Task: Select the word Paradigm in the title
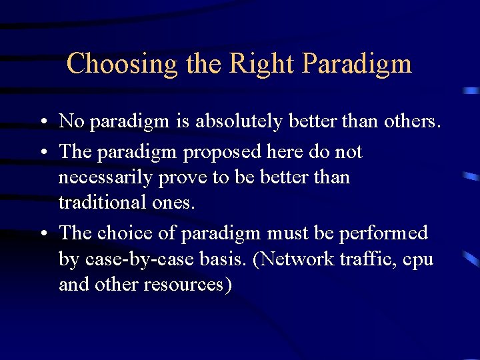coord(357,65)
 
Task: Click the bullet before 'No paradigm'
coord(42,123)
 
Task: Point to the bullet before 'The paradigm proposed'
coord(42,153)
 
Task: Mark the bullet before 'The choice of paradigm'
coord(42,234)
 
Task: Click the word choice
coord(125,233)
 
